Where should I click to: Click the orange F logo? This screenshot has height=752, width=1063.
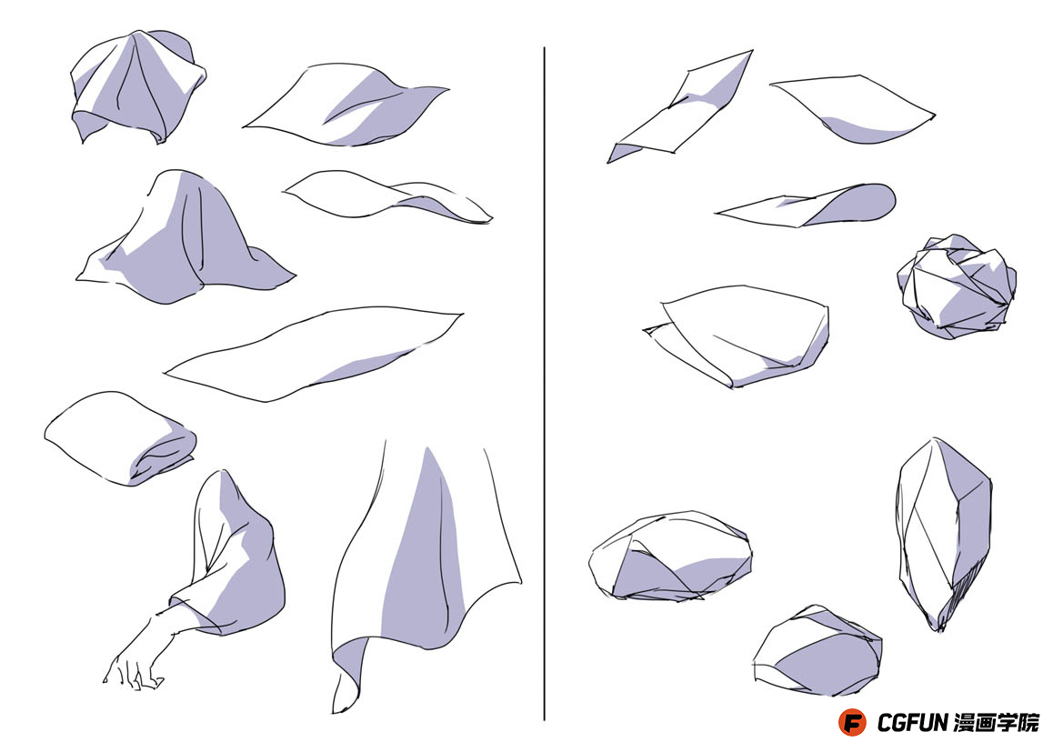(852, 722)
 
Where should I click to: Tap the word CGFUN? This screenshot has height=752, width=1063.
(912, 723)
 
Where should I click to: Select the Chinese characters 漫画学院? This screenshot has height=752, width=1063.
(996, 723)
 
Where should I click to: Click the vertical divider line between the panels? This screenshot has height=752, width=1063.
(544, 383)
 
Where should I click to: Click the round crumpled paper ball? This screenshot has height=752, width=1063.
(957, 286)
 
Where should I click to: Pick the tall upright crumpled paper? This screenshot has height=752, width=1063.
(945, 533)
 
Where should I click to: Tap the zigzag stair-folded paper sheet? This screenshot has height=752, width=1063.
(679, 107)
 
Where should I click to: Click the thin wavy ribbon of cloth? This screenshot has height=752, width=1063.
(387, 196)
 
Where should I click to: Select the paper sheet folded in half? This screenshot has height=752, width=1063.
(737, 336)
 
